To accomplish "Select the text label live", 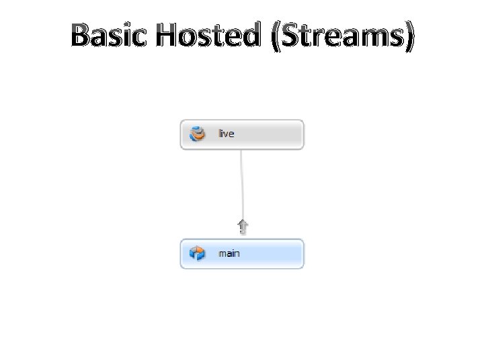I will [226, 134].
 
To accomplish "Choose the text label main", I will [229, 253].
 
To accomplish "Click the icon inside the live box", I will [198, 134].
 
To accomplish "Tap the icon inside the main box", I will [198, 253].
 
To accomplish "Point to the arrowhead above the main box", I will [243, 227].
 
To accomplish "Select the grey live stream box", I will [269, 134].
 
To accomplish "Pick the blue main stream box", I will [269, 253].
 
